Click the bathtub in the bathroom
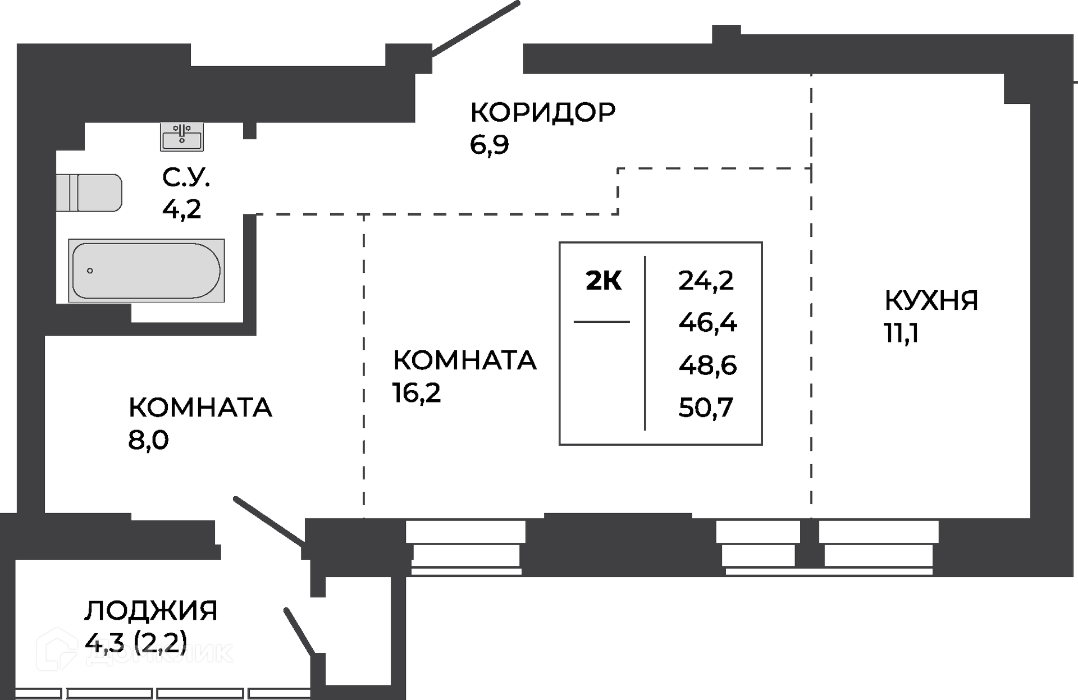[147, 271]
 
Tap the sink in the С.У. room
[182, 137]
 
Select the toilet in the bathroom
[89, 193]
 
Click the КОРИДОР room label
[543, 112]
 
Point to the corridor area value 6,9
[490, 145]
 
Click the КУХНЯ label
[931, 300]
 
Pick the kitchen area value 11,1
[901, 333]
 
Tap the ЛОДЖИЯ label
[151, 611]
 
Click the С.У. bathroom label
[186, 177]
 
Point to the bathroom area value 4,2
[181, 209]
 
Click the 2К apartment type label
[604, 281]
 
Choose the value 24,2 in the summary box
[706, 280]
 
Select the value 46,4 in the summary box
[708, 323]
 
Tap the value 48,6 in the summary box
[707, 365]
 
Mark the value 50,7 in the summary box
[706, 408]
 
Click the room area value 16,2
[417, 393]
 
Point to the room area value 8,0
[148, 441]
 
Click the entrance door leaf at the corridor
[475, 28]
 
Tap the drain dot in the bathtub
[90, 271]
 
